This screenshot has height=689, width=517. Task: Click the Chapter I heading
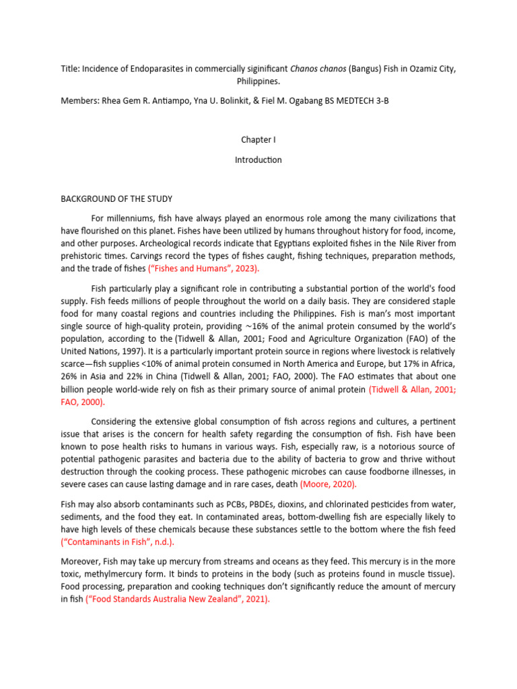coord(258,139)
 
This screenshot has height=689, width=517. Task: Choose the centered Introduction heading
coord(258,160)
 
